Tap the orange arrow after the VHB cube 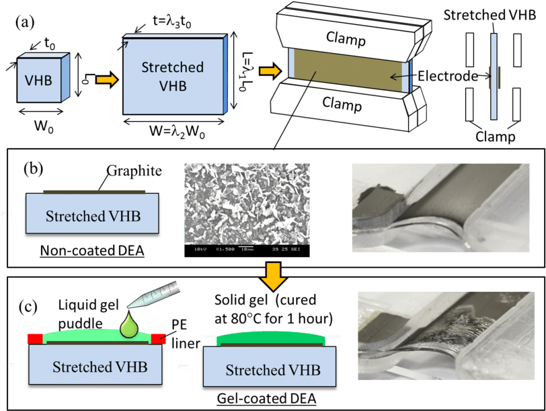pos(106,80)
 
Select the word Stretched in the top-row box pos(172,67)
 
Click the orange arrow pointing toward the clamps pos(270,71)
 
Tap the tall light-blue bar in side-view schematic pos(494,77)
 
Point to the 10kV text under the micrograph pos(200,249)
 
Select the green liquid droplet pos(128,326)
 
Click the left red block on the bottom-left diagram pos(35,338)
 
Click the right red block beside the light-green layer pos(158,338)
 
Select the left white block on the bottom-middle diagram pos(208,341)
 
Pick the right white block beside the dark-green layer pos(332,341)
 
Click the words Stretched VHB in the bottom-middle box pos(272,370)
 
